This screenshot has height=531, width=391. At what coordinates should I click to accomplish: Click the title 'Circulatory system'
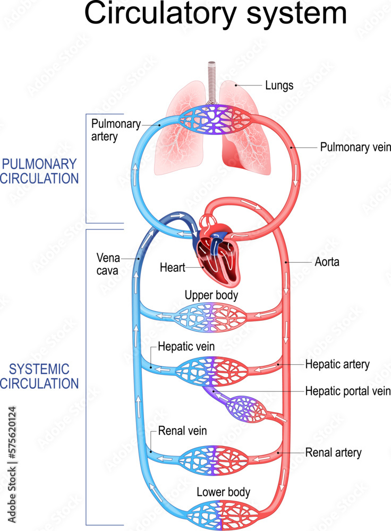[x=215, y=14]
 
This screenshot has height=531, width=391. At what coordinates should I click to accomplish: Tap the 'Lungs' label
[x=278, y=84]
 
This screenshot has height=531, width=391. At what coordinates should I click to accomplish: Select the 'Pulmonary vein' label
[x=355, y=147]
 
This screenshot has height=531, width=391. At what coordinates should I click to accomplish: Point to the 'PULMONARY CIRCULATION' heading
[x=39, y=171]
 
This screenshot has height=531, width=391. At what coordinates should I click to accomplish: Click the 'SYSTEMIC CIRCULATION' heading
[x=39, y=376]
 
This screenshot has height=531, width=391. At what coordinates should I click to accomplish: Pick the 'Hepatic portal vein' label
[x=347, y=391]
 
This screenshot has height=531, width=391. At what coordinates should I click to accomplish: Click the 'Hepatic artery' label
[x=337, y=364]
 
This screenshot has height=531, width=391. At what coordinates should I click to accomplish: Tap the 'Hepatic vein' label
[x=186, y=347]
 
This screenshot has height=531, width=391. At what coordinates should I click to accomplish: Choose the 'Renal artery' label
[x=333, y=452]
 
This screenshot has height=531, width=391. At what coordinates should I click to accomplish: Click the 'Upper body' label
[x=211, y=295]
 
